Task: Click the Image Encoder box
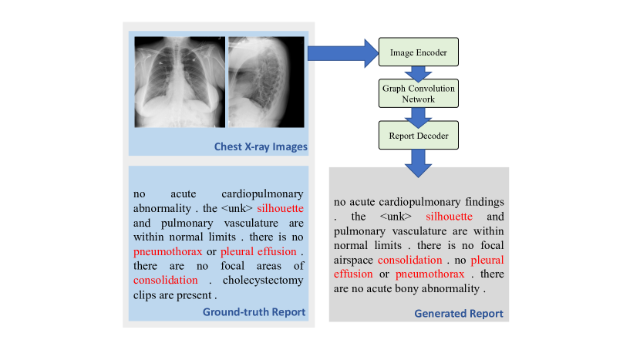419,52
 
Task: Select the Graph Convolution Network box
419,94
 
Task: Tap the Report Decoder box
419,136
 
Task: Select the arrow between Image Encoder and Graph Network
419,72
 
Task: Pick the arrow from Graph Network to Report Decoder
419,116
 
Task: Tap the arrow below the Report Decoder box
419,160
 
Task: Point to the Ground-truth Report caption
254,312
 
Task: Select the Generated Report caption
459,314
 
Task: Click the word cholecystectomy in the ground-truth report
264,281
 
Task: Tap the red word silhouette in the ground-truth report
280,208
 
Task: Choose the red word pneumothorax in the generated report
430,274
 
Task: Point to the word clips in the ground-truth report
147,294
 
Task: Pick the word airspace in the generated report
353,261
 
